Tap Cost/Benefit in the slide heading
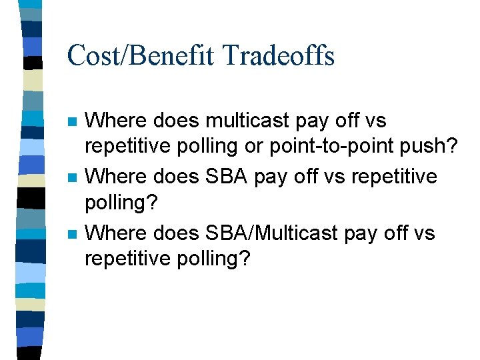[x=131, y=55]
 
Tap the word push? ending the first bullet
[x=436, y=147]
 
